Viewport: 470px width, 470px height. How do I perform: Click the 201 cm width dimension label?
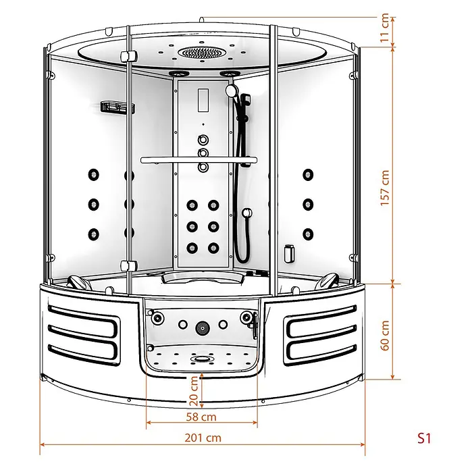203,438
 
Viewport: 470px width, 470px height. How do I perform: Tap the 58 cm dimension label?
201,417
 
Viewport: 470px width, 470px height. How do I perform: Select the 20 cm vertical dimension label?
194,391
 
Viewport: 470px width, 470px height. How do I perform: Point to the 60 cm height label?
385,336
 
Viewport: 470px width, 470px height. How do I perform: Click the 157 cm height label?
385,188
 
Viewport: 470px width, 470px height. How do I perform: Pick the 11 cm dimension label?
385,28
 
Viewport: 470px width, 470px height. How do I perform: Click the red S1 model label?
424,438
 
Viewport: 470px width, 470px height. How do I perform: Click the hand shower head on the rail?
232,90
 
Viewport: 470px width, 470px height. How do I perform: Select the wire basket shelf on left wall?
117,107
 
